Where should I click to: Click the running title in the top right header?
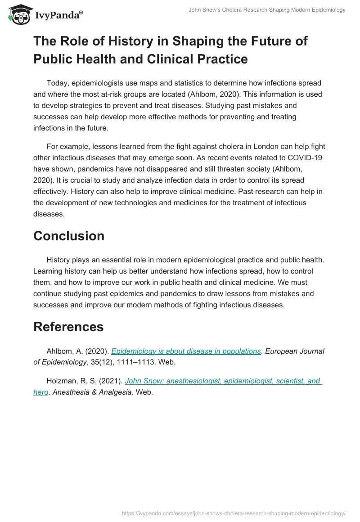(267, 10)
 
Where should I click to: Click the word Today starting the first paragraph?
(57, 83)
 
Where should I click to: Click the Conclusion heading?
(69, 236)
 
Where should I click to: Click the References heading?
(68, 327)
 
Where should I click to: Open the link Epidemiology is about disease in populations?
(186, 351)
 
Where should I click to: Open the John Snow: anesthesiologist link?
(222, 381)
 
